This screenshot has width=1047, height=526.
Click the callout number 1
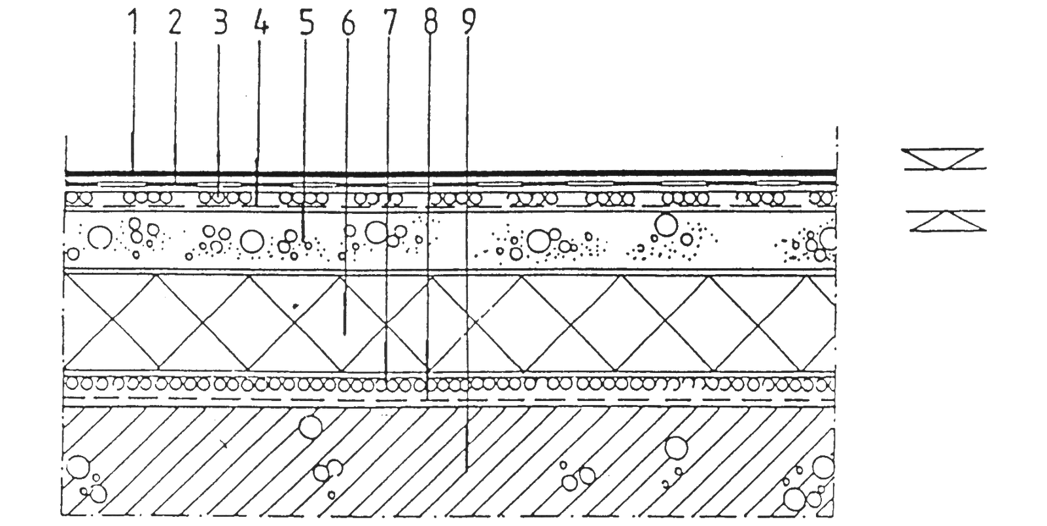pyautogui.click(x=134, y=22)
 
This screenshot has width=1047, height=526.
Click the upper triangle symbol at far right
pyautogui.click(x=942, y=159)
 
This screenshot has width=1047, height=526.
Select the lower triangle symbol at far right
pyautogui.click(x=942, y=221)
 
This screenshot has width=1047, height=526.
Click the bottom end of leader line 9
pyautogui.click(x=467, y=466)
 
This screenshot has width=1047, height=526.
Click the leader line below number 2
pyautogui.click(x=175, y=105)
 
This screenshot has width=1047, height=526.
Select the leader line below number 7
pyautogui.click(x=387, y=196)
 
